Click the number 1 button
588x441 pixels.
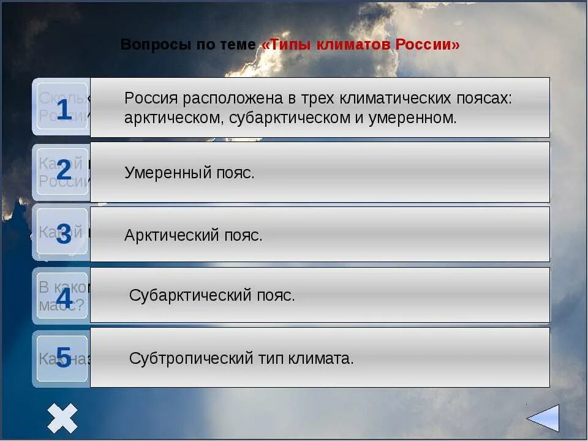tap(63, 110)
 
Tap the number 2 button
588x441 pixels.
tap(63, 171)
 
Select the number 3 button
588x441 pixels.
tap(63, 234)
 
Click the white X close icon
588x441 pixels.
tap(62, 418)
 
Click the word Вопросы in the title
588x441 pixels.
tap(149, 45)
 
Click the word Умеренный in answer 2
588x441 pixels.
tap(160, 173)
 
